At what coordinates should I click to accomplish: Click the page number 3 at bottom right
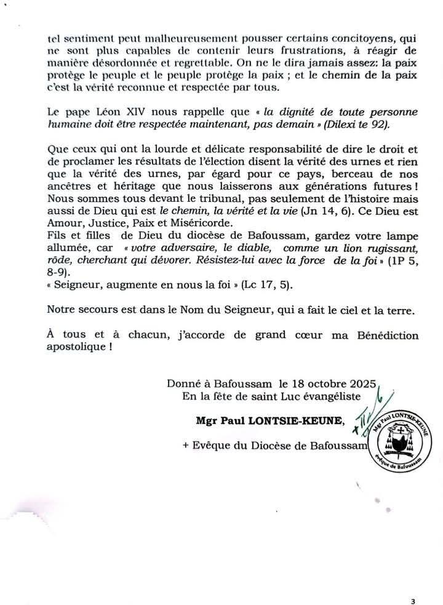(x=421, y=583)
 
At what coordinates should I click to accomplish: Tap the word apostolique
(x=76, y=347)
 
